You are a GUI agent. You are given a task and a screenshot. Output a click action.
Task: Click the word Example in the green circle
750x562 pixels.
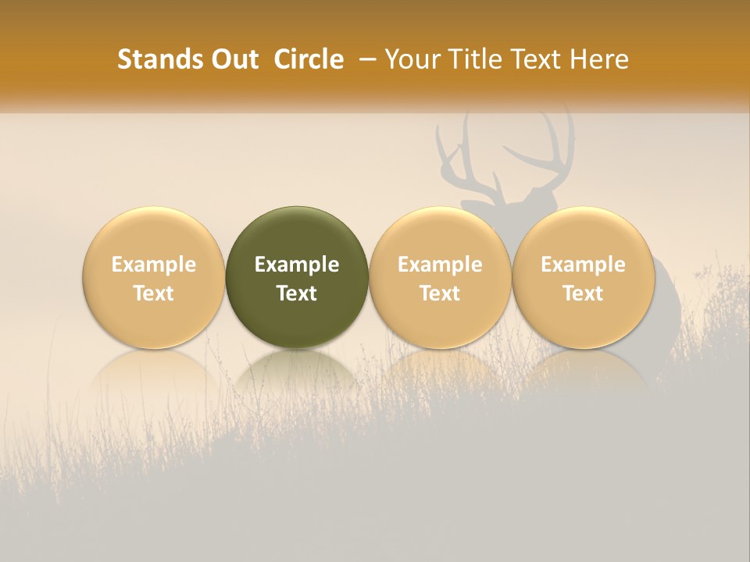pos(297,265)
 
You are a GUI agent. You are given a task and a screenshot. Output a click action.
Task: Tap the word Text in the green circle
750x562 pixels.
pos(297,293)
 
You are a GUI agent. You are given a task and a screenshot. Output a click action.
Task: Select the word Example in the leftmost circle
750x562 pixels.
pos(154,265)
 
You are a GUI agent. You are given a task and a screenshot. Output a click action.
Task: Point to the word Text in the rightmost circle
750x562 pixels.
pos(583,293)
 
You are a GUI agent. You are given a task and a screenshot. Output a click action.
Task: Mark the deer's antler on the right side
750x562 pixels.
pos(547,152)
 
